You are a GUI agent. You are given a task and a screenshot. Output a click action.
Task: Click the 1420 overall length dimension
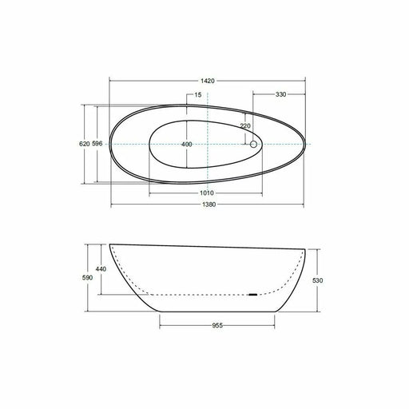[x=208, y=81]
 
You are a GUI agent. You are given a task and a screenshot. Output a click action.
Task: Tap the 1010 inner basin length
[x=207, y=193]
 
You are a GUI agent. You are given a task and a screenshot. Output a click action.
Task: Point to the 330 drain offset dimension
[x=280, y=94]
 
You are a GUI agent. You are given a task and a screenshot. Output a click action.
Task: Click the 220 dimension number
[x=245, y=125]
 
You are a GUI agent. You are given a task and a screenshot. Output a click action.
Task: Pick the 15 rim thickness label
[x=198, y=95]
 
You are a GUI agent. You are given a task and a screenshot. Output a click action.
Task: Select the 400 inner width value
[x=187, y=145]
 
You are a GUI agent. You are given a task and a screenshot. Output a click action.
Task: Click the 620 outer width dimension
[x=85, y=144]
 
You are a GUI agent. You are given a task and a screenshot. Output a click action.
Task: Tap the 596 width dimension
[x=97, y=144]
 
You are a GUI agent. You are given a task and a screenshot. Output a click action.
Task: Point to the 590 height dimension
[x=87, y=278]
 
